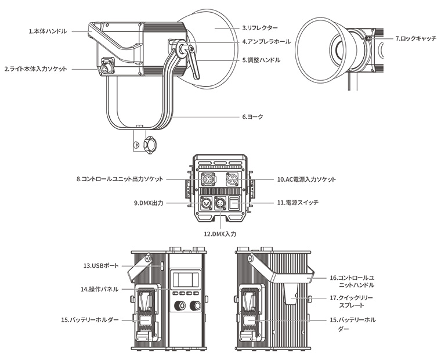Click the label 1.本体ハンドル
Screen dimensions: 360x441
47,30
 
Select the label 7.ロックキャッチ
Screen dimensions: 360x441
415,38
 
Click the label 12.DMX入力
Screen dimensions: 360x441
220,233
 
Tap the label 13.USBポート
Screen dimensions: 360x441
100,265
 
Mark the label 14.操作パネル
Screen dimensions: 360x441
100,289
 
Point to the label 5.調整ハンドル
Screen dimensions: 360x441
261,60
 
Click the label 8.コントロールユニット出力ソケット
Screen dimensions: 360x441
120,179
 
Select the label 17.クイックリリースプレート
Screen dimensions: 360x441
350,301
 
